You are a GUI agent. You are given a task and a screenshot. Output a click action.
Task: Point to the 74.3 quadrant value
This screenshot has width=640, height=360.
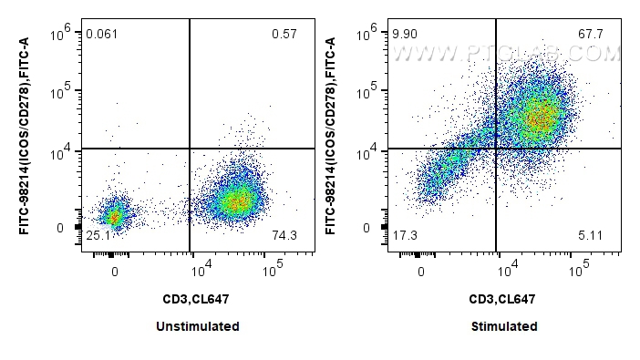tap(284, 236)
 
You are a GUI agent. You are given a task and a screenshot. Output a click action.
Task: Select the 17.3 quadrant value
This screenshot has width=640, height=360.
tap(405, 236)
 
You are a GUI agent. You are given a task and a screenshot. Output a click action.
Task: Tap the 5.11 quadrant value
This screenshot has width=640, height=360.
tap(591, 236)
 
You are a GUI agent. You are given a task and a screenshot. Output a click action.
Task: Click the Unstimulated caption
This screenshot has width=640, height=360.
tap(198, 326)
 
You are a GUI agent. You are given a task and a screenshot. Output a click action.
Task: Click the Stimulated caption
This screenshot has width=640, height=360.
tap(505, 326)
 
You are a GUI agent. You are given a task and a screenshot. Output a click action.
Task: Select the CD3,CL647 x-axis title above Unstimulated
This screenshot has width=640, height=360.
tap(198, 298)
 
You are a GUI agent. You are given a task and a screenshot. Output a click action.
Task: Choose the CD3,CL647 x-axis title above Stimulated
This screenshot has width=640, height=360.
tap(505, 298)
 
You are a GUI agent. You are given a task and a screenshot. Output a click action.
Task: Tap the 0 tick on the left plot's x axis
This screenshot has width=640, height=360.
tap(114, 272)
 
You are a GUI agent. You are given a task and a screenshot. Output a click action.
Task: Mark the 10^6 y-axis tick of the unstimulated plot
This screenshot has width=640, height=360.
tap(60, 33)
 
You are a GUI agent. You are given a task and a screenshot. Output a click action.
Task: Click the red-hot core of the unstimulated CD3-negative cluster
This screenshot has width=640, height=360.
tap(113, 217)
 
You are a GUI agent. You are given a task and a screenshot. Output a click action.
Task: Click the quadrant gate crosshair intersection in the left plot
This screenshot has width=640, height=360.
tap(190, 149)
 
